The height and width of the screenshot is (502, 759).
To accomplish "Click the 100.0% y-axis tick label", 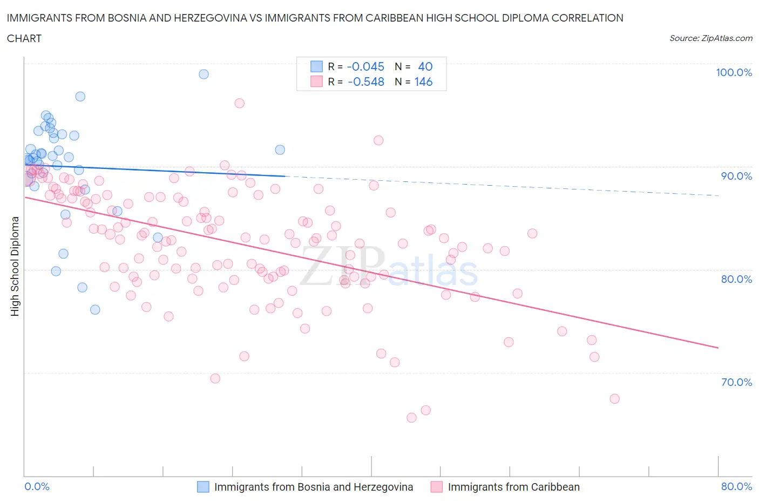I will click(734, 72).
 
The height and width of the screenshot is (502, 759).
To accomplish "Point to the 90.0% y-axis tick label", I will click(736, 176).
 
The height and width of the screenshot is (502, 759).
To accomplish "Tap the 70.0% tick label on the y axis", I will click(736, 382).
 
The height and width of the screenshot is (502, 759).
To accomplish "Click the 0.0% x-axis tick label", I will click(37, 486).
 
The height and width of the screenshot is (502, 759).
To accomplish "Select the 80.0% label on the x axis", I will click(736, 486).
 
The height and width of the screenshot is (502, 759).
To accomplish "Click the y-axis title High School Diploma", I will click(15, 266).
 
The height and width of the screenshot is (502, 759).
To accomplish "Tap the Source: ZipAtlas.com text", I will click(710, 38).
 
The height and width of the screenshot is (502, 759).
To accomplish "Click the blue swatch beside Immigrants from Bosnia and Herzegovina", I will click(203, 487).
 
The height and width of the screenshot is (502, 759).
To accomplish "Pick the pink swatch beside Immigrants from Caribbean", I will click(437, 487).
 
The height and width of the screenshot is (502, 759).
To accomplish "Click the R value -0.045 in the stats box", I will click(365, 66).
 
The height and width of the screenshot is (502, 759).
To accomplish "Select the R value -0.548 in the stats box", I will click(365, 82).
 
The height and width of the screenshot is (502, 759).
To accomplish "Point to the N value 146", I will click(423, 82).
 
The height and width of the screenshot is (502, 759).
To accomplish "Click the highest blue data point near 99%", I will click(204, 74).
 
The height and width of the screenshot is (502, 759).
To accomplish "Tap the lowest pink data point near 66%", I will click(411, 417).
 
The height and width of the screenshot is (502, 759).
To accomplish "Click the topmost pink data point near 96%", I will click(239, 103).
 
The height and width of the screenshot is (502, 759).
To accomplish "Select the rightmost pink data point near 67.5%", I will click(614, 399).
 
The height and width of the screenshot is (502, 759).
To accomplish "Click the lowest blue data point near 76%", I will click(95, 309).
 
